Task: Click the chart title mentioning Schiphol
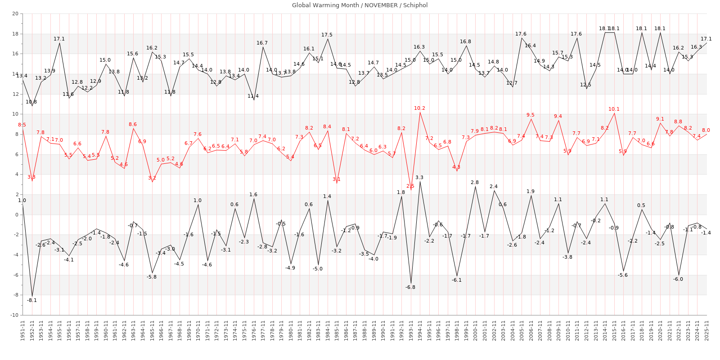coord(360,5)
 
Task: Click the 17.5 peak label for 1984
coord(327,35)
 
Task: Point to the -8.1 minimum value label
coord(32,300)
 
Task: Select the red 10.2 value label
coord(419,108)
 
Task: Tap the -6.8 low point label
coord(410,287)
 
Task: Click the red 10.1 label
coord(614,109)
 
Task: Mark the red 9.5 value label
coord(531,115)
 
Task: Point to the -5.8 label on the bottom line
coord(152,277)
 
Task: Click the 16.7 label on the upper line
coord(262,43)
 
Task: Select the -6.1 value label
coord(457,280)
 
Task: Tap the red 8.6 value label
coord(133,125)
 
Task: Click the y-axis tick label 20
coord(15,14)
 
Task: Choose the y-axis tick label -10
coord(14,315)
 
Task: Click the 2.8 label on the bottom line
coord(475,182)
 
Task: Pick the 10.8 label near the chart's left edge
coord(31,102)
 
